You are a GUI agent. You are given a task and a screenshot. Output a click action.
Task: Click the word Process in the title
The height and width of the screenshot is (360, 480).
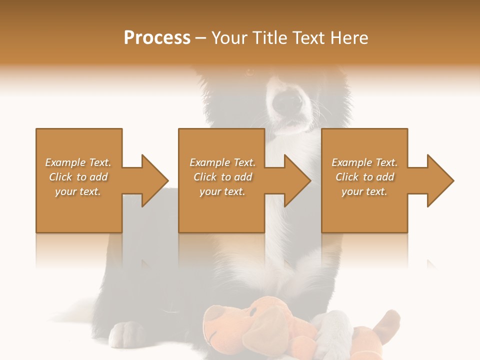157,38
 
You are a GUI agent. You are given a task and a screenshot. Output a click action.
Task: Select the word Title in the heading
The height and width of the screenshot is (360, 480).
269,38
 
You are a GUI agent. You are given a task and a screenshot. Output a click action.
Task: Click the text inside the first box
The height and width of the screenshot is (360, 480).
78,177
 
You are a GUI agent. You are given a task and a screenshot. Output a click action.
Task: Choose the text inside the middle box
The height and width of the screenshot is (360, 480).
222,177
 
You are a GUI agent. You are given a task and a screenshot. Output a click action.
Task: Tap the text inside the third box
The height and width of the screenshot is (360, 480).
364,177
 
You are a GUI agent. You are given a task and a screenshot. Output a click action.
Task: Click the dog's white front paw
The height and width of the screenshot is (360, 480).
122,332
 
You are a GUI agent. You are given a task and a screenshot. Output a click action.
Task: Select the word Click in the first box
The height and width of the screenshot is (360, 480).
60,177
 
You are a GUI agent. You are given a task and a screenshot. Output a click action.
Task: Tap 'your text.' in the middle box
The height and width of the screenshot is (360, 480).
222,191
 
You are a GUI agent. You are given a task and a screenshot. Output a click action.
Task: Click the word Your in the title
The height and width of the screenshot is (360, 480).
229,38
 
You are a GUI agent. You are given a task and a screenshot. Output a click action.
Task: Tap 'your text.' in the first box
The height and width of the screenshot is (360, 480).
78,191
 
